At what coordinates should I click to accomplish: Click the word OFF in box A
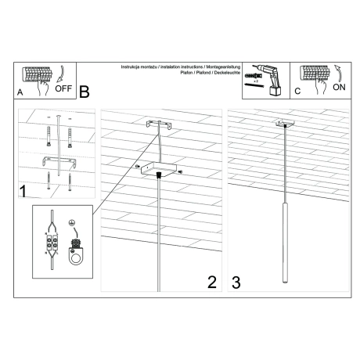pyautogui.click(x=63, y=88)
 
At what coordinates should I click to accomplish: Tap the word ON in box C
pyautogui.click(x=339, y=88)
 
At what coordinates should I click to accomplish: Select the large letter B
pyautogui.click(x=85, y=91)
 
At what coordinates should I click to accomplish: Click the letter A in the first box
pyautogui.click(x=20, y=92)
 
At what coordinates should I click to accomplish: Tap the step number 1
pyautogui.click(x=23, y=190)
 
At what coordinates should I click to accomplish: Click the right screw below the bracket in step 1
pyautogui.click(x=70, y=182)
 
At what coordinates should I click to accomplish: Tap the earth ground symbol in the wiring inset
pyautogui.click(x=72, y=221)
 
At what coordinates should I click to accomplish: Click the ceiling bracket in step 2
pyautogui.click(x=159, y=125)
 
